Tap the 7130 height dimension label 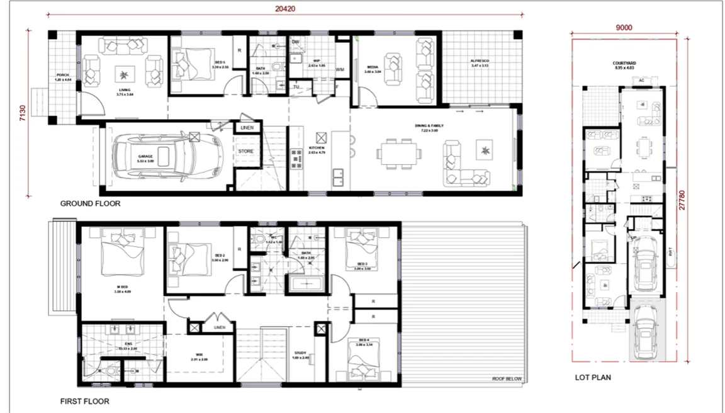(x=23, y=113)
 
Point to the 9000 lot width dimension (x=624, y=27)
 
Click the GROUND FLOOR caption (x=90, y=204)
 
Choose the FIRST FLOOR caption (x=85, y=401)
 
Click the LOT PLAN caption (x=593, y=378)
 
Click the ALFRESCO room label (x=480, y=62)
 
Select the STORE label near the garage (x=246, y=152)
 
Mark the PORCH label (x=62, y=75)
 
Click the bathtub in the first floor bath (x=307, y=285)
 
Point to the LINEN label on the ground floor (x=246, y=128)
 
